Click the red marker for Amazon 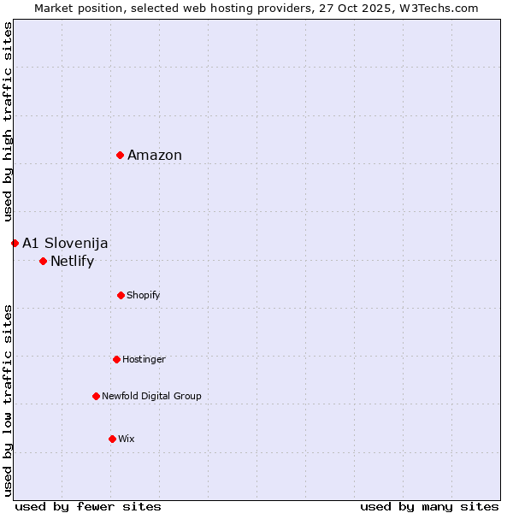pos(121,155)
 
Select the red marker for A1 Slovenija pos(15,243)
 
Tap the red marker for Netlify pos(43,261)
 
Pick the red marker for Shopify pos(121,295)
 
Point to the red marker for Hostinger pos(116,359)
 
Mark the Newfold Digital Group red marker pos(96,396)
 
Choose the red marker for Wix pos(112,439)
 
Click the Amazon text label pos(155,155)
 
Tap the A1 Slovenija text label pos(65,243)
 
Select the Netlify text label pos(72,261)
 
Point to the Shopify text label pos(144,295)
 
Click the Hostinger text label pos(144,359)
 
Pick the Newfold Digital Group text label pos(151,396)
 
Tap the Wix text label pos(127,439)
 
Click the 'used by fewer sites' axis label pos(88,506)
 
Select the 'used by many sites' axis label pos(429,506)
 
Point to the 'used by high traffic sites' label pos(8,122)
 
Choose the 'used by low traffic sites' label pos(8,400)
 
